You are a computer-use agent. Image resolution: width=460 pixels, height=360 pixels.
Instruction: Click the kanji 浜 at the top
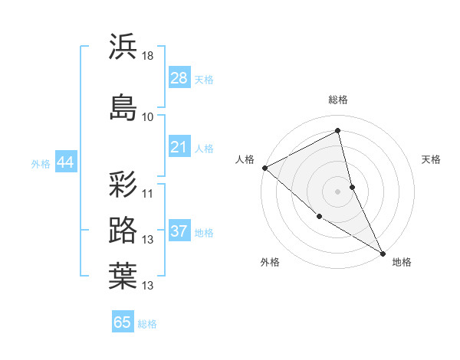point(123,47)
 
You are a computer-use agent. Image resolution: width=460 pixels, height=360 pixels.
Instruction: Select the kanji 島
point(123,106)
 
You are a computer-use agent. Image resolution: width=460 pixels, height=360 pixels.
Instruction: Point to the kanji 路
point(123,230)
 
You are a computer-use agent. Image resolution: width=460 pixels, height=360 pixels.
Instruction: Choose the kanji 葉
point(123,277)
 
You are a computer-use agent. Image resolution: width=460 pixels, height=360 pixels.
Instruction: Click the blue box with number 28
point(179,78)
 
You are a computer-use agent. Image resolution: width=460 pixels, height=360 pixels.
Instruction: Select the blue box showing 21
point(179,147)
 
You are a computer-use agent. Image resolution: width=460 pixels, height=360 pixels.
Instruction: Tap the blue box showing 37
point(179,231)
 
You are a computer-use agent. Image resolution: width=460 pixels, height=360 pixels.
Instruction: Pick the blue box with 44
point(65,162)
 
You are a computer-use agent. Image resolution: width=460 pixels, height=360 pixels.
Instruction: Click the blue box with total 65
point(123,322)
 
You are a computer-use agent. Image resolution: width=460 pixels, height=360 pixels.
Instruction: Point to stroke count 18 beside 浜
point(148,56)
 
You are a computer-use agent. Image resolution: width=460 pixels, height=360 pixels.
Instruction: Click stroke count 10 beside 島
point(148,116)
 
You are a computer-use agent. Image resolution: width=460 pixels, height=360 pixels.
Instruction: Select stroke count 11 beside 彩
point(148,193)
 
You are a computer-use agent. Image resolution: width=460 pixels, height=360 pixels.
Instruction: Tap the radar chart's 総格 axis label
point(337,100)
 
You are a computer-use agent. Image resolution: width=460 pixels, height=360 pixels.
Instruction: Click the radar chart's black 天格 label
point(431,159)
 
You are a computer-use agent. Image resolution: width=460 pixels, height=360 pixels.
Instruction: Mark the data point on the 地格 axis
point(383,253)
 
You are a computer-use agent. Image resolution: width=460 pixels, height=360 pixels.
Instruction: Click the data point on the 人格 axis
point(264,168)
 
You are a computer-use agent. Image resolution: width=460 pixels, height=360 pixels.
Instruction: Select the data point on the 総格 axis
point(337,131)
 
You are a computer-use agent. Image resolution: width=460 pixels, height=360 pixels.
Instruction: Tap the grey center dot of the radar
point(337,191)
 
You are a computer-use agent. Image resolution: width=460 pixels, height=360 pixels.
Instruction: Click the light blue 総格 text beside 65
point(147,324)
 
